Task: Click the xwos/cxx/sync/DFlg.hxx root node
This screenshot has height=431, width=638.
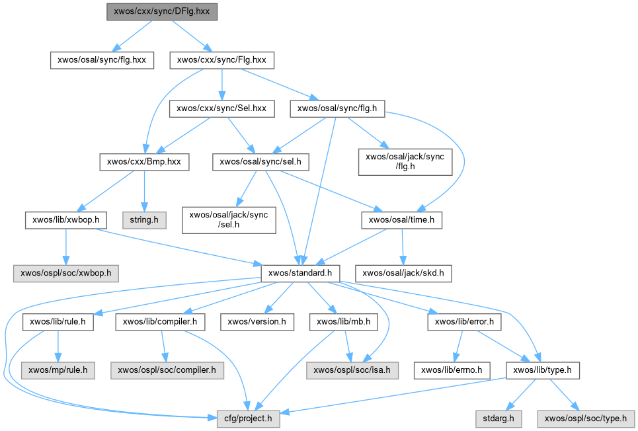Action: pos(161,12)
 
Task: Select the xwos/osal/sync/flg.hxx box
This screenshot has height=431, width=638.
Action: pos(102,60)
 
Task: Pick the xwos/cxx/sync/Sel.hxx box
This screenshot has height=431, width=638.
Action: pos(221,108)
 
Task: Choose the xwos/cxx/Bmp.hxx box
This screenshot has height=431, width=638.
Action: pos(144,161)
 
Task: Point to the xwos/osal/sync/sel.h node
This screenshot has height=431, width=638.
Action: pos(261,161)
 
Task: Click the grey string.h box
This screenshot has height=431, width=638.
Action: pos(143,219)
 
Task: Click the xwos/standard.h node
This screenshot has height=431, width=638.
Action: pos(301,272)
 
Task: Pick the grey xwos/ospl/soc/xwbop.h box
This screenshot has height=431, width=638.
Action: pos(64,272)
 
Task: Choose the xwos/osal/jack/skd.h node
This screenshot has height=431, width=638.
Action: pos(404,272)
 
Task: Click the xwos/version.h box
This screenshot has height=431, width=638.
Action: pos(257,322)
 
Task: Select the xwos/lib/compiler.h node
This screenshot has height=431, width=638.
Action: pos(161,322)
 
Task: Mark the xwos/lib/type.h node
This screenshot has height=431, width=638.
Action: pos(542,370)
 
